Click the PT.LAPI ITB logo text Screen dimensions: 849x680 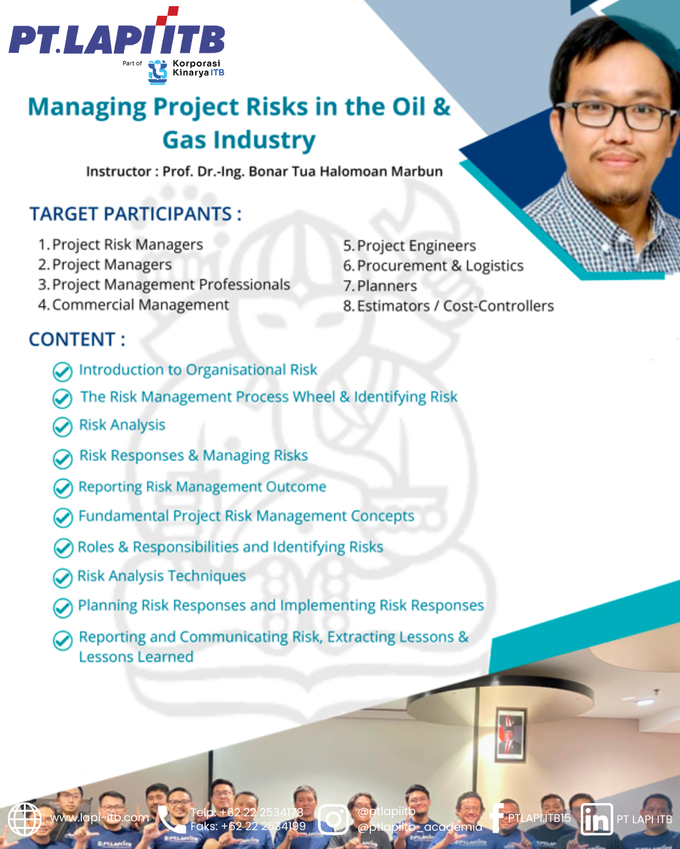click(116, 39)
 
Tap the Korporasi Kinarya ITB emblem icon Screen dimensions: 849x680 click(157, 72)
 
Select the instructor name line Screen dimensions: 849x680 click(264, 172)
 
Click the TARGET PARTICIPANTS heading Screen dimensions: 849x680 click(135, 214)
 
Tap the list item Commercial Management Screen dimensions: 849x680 click(140, 305)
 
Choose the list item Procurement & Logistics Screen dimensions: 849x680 click(440, 266)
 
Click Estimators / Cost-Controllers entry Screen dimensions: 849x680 click(455, 306)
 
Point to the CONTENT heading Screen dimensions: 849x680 click(77, 340)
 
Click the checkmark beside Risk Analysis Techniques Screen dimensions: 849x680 click(62, 577)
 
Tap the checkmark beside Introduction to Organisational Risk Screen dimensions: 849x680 click(62, 372)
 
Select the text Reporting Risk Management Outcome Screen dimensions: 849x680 click(202, 487)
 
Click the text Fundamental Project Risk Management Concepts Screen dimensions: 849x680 click(246, 516)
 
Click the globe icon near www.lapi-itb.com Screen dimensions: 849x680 click(25, 819)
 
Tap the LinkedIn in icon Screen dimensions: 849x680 click(596, 819)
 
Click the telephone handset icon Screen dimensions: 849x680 click(171, 819)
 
